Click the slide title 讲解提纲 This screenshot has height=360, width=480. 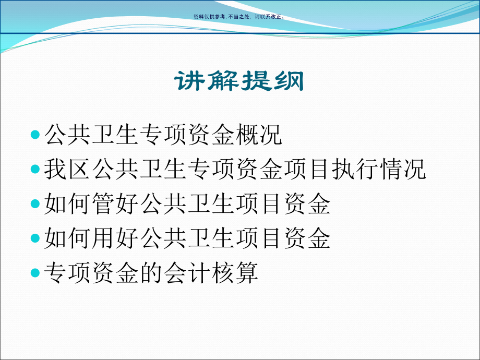(239, 81)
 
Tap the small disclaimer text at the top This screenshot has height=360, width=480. (239, 17)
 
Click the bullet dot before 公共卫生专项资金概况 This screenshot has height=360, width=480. (35, 135)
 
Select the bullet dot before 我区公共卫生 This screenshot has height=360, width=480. (35, 169)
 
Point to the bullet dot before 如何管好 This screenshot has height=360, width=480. (35, 203)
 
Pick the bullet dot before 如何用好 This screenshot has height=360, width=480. (35, 238)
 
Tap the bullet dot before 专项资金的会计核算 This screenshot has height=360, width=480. (35, 273)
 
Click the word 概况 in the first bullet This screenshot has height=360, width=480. (259, 135)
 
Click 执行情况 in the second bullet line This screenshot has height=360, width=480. (379, 169)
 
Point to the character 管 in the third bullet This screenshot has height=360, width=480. (103, 203)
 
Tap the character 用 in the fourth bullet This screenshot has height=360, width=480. (103, 238)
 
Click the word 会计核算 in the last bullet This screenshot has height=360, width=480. (211, 273)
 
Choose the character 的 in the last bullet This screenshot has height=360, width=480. (151, 273)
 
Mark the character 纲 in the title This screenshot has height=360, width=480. (289, 81)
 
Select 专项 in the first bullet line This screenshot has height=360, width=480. (163, 135)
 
